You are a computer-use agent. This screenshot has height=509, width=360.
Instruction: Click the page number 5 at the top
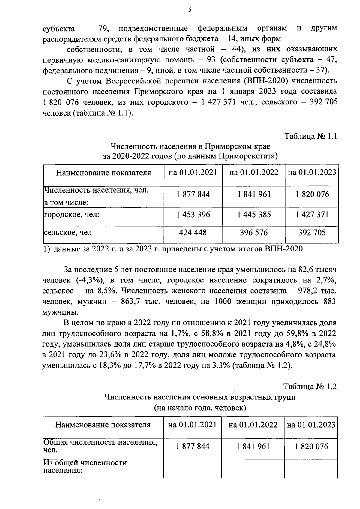190,10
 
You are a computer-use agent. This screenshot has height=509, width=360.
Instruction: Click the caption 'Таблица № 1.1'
311,136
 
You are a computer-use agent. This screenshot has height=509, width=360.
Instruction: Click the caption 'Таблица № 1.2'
310,387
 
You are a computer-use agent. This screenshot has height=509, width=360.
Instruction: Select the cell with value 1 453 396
193,215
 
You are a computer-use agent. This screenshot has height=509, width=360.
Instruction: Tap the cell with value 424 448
193,232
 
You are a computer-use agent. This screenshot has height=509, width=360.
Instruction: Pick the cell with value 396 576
254,232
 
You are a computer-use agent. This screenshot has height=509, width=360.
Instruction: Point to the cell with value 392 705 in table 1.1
312,232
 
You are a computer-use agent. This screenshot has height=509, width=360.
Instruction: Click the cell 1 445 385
254,215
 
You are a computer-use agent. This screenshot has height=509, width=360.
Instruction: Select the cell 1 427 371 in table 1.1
312,215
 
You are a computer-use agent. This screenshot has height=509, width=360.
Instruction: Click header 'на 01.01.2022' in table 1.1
254,173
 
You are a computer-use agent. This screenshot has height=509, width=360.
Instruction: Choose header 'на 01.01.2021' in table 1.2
192,425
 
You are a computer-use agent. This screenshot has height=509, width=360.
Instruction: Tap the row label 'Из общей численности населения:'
85,466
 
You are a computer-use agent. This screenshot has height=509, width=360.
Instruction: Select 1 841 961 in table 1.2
253,447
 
